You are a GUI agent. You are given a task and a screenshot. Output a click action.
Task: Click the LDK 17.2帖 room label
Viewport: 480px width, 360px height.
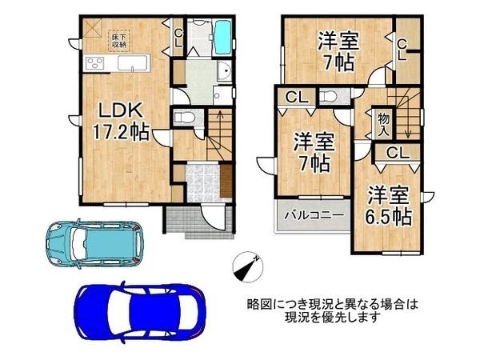[x=120, y=122]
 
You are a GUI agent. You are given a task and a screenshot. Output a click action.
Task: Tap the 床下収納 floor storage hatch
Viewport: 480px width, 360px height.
[x=119, y=41]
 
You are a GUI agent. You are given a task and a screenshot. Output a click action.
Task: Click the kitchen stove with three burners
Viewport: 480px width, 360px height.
[x=94, y=64]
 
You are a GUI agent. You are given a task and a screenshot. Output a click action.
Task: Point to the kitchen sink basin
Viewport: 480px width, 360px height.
[x=133, y=63]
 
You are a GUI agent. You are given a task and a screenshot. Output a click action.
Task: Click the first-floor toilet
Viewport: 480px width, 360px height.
[x=184, y=117]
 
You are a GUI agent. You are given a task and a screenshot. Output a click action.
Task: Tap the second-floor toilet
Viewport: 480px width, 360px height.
[x=329, y=97]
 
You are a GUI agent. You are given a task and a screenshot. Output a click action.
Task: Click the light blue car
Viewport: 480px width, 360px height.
[x=94, y=244]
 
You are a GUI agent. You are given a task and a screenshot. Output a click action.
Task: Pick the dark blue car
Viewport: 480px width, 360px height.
[x=141, y=313]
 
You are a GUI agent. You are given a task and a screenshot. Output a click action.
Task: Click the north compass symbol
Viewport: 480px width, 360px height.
[x=248, y=267]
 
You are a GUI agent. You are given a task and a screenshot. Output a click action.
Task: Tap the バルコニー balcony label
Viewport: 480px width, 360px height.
[x=314, y=215]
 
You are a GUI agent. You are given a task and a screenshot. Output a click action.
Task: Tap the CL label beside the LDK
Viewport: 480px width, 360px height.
[x=178, y=38]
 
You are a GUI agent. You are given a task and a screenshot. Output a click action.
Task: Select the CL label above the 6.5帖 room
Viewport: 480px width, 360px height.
[x=398, y=153]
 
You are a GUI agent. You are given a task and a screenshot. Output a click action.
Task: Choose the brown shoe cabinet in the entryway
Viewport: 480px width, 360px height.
[x=226, y=181]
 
